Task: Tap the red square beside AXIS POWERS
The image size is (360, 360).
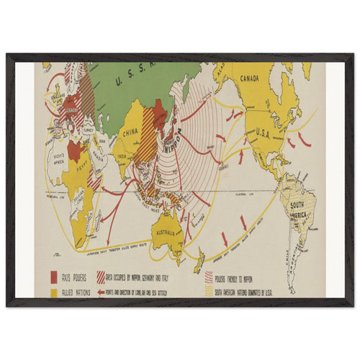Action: [x=54, y=276]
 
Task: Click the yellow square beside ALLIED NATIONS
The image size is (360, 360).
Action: [x=54, y=292]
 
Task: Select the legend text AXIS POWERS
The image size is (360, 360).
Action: [x=77, y=276]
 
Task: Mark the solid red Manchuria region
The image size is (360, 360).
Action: [x=158, y=112]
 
